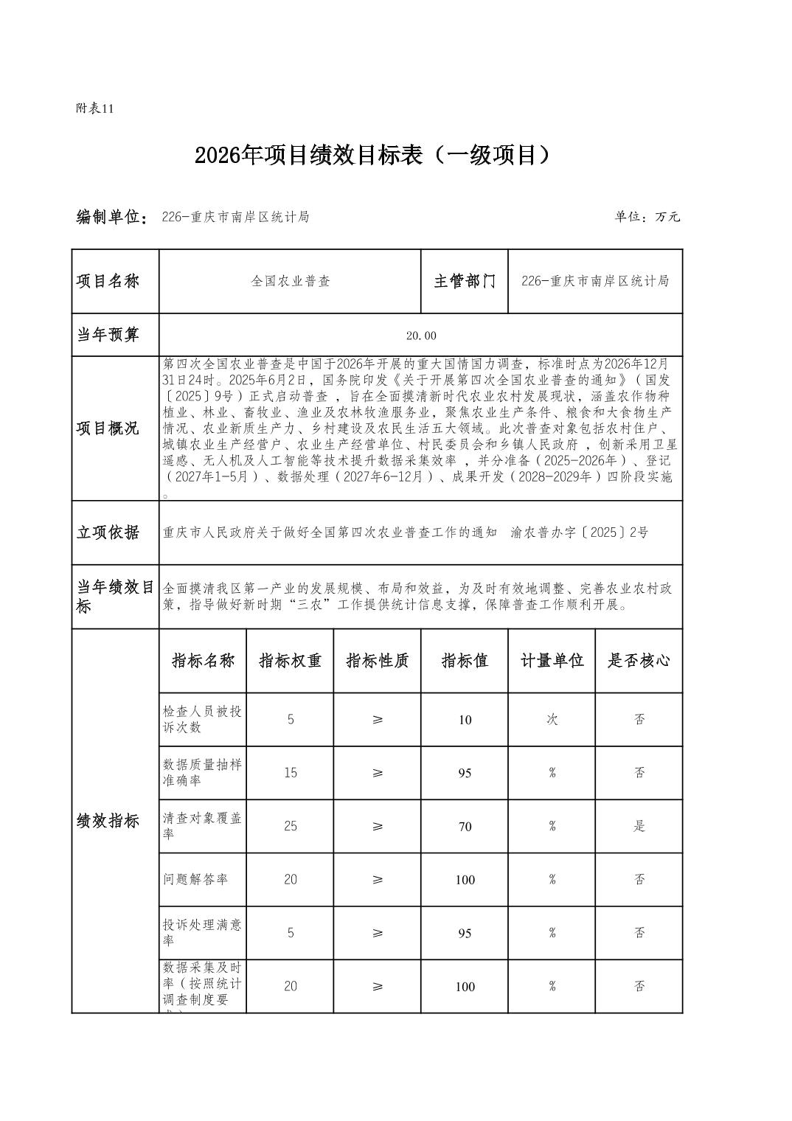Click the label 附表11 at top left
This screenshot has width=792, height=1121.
[95, 108]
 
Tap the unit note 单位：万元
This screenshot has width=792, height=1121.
[647, 217]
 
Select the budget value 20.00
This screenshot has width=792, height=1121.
[421, 336]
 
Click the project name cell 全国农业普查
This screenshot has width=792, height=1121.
[291, 281]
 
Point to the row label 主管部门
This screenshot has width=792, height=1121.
[465, 281]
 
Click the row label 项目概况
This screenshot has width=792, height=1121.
[108, 428]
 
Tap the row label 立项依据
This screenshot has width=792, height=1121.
[108, 532]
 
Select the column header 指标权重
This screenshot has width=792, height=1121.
[290, 661]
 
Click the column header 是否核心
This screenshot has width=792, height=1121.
[639, 661]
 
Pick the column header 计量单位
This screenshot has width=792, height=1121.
[552, 661]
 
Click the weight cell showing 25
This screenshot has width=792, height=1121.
[291, 826]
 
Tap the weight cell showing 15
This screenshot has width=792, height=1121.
[291, 773]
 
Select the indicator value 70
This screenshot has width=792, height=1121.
[465, 827]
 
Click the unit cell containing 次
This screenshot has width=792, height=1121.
[552, 719]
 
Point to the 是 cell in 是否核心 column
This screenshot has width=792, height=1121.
[639, 826]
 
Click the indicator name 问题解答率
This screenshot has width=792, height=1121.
[195, 879]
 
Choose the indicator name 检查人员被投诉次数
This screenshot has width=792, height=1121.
[202, 719]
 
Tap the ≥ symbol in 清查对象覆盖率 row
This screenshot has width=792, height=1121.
[378, 826]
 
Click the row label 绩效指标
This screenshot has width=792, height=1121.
[108, 821]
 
